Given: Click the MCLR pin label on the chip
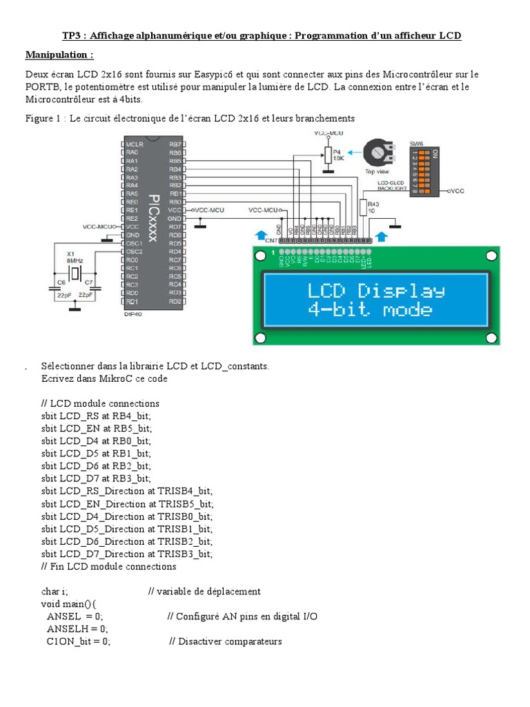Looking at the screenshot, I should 134,144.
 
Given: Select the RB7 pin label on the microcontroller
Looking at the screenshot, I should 175,144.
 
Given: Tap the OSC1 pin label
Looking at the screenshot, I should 134,243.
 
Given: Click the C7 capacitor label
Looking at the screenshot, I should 89,282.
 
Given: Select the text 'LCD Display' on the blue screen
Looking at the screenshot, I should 377,289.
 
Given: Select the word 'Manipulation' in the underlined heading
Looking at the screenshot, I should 57,55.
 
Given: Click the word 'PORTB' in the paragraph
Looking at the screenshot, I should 44,87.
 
